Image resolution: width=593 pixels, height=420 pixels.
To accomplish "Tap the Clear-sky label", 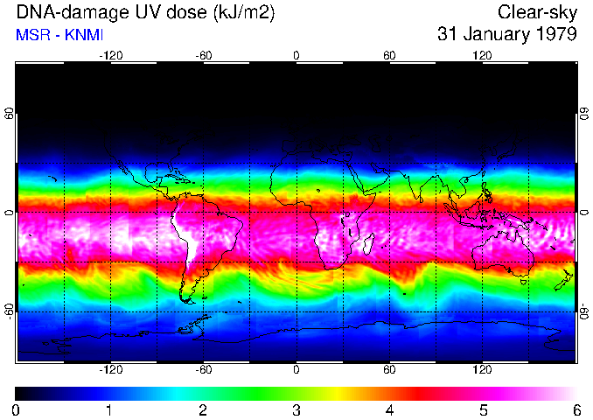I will (x=537, y=12).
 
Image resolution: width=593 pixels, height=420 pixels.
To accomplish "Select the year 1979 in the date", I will (x=554, y=35).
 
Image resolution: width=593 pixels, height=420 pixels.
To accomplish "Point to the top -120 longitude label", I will (x=110, y=55).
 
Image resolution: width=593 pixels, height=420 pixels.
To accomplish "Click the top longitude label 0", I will (x=296, y=55).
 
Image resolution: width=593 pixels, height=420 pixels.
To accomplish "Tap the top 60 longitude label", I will (x=389, y=55).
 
